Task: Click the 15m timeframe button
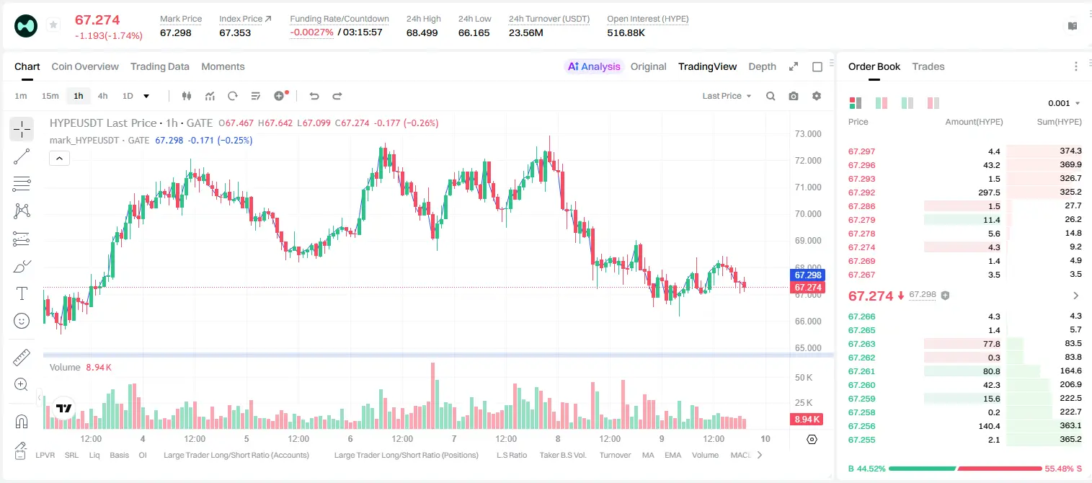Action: [50, 96]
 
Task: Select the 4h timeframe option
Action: [102, 96]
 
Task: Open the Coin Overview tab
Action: [85, 66]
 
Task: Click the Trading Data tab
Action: [160, 66]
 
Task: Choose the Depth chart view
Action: [762, 66]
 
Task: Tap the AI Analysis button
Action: [594, 66]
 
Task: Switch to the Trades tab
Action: [928, 66]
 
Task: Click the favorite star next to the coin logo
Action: [53, 25]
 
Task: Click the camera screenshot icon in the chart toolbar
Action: [794, 96]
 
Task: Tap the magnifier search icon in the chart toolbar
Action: [771, 96]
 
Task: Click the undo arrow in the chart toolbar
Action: [314, 96]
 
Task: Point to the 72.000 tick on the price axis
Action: [808, 160]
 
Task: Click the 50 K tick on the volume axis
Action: [804, 377]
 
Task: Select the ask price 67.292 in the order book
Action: [861, 192]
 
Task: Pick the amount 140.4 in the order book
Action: [989, 426]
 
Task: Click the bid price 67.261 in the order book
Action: [861, 371]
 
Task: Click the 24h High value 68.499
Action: [422, 32]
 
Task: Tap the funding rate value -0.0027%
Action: [311, 32]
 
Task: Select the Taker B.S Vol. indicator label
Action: [562, 455]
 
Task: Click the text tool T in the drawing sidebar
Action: [22, 293]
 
